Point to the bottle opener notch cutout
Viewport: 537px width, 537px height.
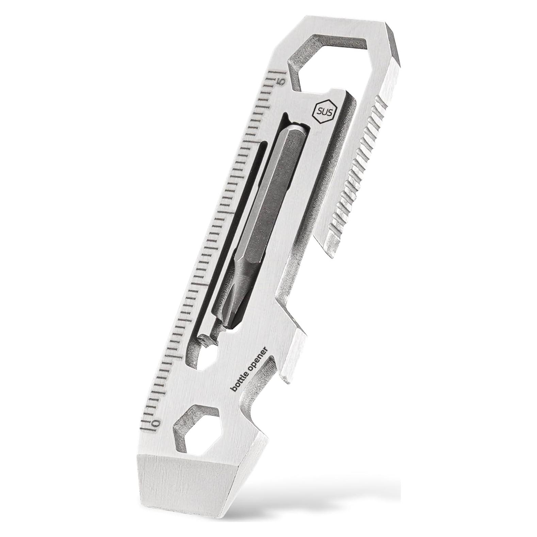click(262, 385)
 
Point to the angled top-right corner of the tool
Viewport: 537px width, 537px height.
click(395, 44)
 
